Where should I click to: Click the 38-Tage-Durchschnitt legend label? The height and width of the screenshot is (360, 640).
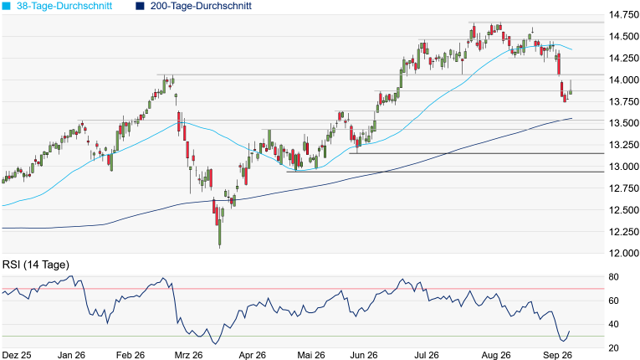click(64, 6)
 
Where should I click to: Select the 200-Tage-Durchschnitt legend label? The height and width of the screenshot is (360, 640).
click(201, 6)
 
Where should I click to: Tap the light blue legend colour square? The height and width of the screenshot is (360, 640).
click(6, 6)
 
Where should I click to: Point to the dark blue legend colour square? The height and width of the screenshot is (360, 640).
click(140, 6)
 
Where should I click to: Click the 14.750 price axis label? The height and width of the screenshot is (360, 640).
click(623, 15)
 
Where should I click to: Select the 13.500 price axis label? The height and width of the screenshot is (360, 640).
click(623, 123)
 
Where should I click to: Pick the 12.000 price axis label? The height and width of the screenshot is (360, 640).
click(623, 254)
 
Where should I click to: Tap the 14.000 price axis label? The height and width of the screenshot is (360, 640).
click(623, 80)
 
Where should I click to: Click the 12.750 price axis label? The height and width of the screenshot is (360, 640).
click(623, 188)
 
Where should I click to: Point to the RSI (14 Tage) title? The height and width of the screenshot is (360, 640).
click(35, 265)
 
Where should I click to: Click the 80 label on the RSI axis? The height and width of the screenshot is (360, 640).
click(613, 277)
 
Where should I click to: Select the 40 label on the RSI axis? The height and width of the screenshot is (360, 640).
click(613, 325)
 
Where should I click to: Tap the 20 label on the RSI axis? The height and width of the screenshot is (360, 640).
click(613, 348)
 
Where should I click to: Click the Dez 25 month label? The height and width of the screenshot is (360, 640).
click(17, 355)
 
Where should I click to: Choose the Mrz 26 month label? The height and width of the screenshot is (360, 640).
click(188, 355)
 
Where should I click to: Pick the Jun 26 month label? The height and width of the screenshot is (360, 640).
click(364, 355)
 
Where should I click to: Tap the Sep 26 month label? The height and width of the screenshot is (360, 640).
click(557, 355)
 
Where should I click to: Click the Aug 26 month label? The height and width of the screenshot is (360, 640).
click(496, 355)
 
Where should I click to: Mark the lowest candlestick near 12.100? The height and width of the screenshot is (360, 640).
click(219, 233)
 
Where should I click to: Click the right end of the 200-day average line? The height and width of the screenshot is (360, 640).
click(571, 118)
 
